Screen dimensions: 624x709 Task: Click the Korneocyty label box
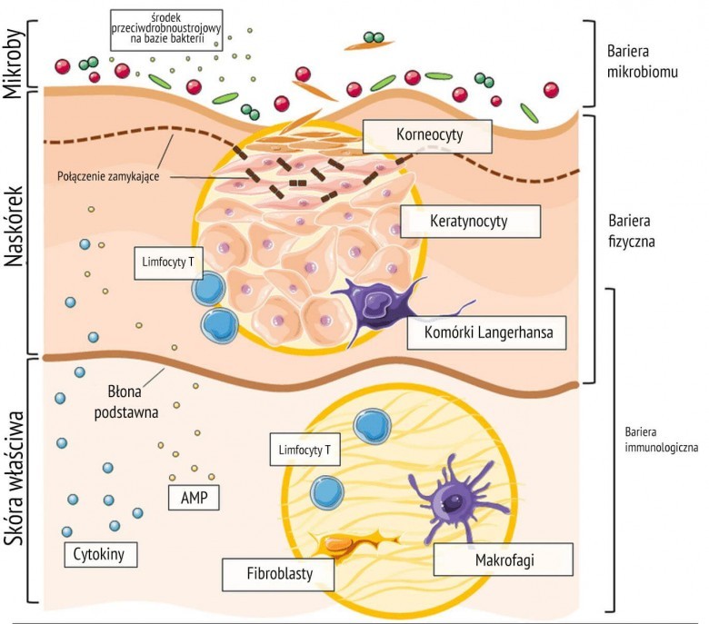click(426, 136)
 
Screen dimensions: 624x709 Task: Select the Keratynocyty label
click(470, 221)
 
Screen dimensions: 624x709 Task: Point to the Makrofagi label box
click(504, 560)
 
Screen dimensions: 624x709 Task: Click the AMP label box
click(194, 497)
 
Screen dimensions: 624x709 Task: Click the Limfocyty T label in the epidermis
click(166, 262)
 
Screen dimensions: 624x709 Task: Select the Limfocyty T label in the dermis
click(305, 450)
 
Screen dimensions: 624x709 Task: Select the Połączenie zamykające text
click(108, 176)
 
